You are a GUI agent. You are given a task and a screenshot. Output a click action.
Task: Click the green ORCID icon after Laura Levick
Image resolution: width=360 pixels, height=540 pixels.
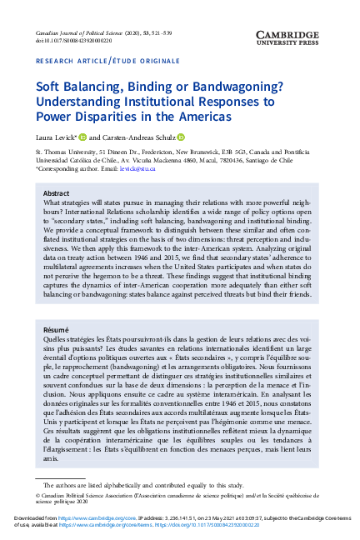pyautogui.click(x=82, y=137)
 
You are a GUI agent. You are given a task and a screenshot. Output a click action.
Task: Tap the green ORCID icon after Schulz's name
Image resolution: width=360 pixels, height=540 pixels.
pyautogui.click(x=181, y=137)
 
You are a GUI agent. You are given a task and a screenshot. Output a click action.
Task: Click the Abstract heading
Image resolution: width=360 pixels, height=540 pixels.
pyautogui.click(x=56, y=192)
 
